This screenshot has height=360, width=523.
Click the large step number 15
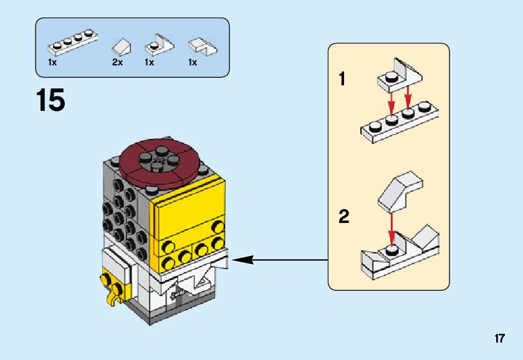(x=50, y=100)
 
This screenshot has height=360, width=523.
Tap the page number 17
(x=499, y=339)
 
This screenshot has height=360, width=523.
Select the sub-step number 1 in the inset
(x=342, y=80)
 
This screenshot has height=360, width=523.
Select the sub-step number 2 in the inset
(x=343, y=217)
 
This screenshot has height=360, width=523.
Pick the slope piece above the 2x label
(x=121, y=45)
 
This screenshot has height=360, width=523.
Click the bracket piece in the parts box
(x=158, y=44)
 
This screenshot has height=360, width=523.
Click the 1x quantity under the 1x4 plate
(x=53, y=62)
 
